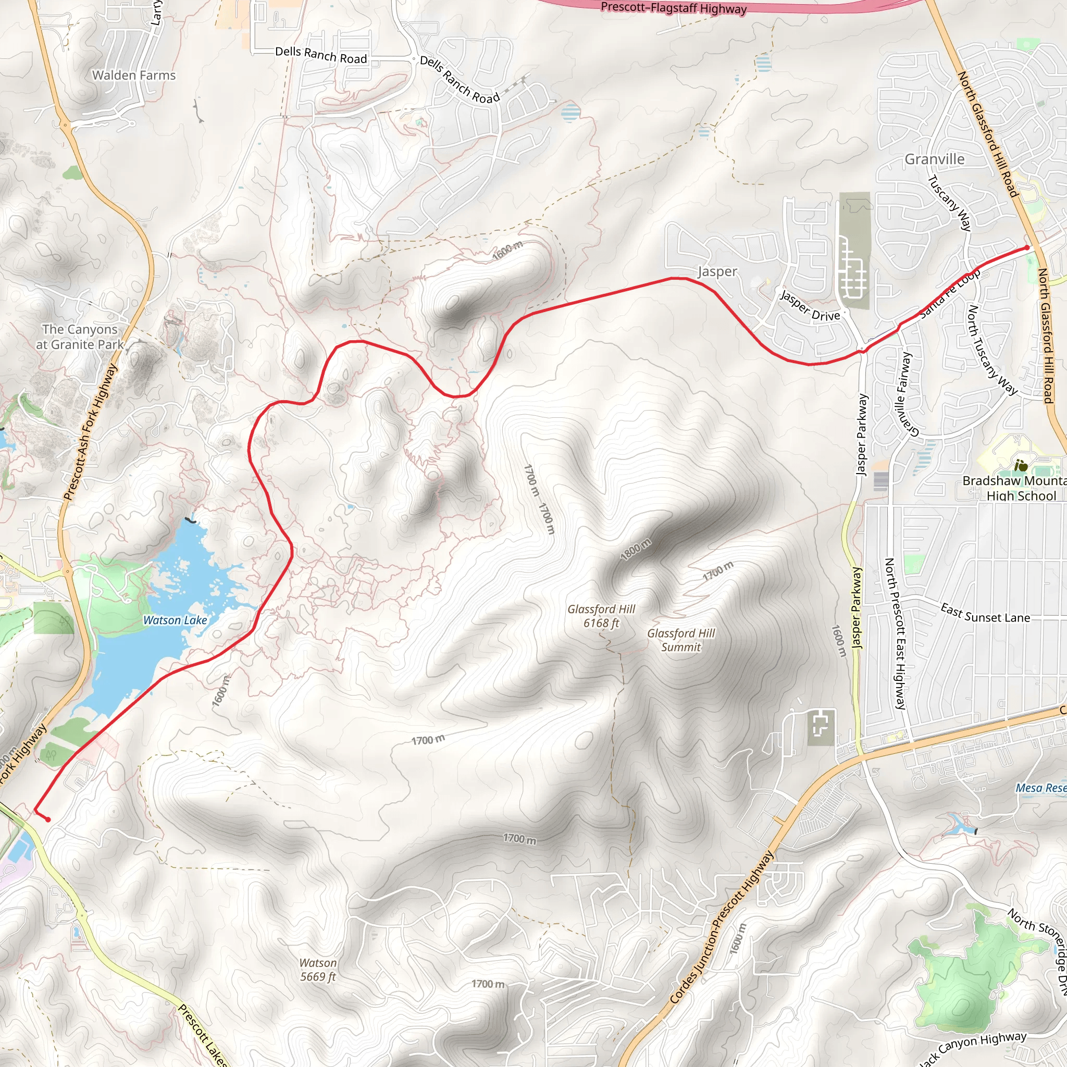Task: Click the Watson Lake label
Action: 175,620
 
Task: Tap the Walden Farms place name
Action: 134,75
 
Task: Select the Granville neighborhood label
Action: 935,159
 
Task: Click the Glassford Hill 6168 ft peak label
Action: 601,616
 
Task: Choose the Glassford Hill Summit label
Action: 681,640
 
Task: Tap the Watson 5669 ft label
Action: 318,970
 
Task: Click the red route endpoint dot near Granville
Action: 1027,247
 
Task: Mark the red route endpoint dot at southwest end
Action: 48,820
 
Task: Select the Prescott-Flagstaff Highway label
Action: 673,8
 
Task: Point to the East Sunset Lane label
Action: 985,614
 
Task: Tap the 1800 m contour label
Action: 636,550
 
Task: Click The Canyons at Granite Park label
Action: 80,337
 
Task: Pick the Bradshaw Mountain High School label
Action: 1014,488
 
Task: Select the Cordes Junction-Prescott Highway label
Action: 722,927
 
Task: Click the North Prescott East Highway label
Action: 896,633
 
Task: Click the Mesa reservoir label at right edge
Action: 1040,788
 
